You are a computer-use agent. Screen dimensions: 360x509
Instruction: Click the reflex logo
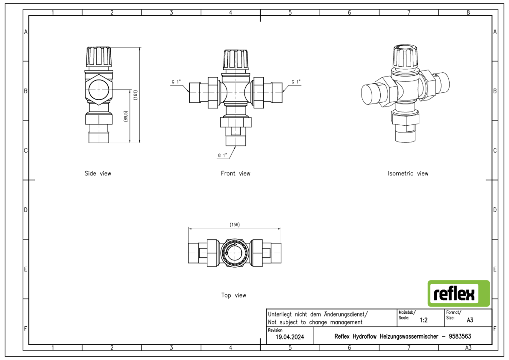tap(458, 293)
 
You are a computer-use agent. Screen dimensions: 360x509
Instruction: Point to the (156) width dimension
tap(234, 224)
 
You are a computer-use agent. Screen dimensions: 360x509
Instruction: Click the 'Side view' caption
tap(98, 174)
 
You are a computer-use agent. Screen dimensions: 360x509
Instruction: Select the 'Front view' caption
tap(235, 174)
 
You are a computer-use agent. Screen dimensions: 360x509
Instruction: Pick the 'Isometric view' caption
tap(408, 174)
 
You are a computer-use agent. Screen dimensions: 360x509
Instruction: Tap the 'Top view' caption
tap(234, 295)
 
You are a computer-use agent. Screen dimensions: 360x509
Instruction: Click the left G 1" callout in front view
tap(176, 82)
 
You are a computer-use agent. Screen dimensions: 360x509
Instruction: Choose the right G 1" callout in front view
tap(296, 82)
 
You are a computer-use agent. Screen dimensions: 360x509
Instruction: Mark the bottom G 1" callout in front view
tap(223, 155)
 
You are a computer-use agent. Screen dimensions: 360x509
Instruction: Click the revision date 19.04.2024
tap(290, 337)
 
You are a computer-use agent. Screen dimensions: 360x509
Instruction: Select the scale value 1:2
tap(423, 320)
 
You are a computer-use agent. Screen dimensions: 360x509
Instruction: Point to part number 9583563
tap(460, 336)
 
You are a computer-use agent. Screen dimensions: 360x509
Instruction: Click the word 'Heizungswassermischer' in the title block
tap(409, 336)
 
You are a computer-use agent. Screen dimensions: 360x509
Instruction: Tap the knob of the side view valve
tap(99, 57)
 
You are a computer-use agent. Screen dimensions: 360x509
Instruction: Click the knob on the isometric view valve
tap(406, 56)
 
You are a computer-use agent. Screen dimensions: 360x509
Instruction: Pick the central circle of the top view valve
tap(234, 253)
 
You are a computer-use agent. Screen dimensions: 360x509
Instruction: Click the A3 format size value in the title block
tap(470, 320)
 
